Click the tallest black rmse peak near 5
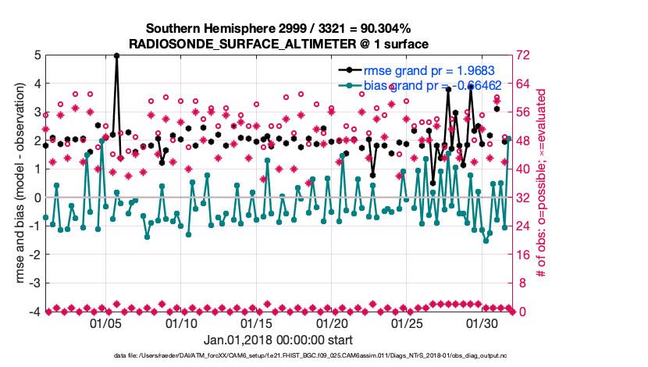116,55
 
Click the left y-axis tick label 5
37,55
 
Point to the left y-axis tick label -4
34,312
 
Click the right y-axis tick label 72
524,55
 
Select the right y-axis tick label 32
524,198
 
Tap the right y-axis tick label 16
524,255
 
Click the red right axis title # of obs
541,183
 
